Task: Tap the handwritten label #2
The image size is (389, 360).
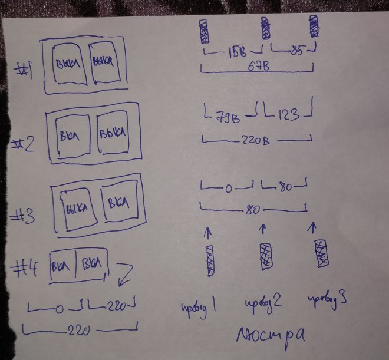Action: click(23, 142)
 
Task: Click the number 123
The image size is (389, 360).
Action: click(287, 113)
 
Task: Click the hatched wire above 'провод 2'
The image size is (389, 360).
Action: click(265, 256)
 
